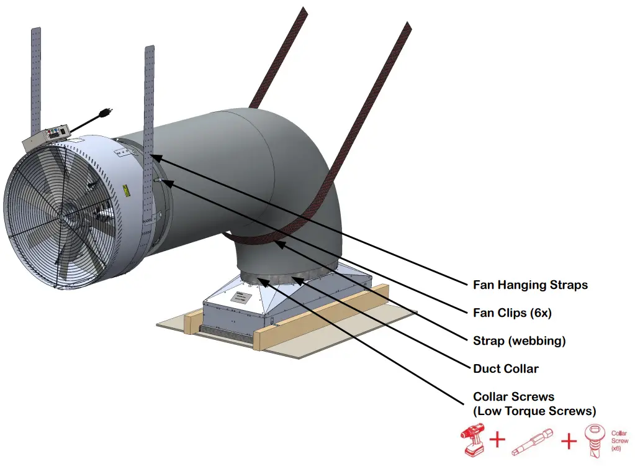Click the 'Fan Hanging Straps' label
pos(529,285)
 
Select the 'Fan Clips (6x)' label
pos(512,313)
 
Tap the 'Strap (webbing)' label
pos(519,341)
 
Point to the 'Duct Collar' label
pos(505,368)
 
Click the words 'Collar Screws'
pos(513,396)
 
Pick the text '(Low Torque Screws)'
pos(534,411)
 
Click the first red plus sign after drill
pos(497,441)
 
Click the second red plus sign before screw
pos(569,441)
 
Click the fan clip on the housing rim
pos(159,181)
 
